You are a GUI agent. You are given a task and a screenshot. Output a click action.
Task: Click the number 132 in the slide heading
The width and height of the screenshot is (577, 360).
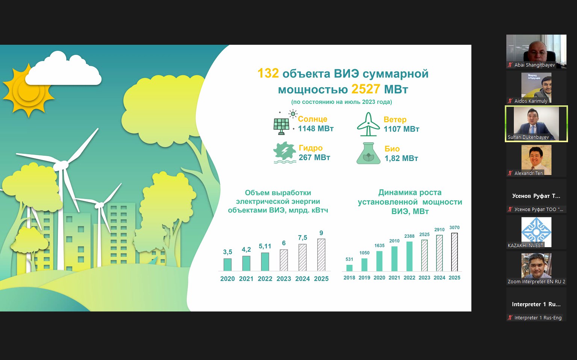coord(268,73)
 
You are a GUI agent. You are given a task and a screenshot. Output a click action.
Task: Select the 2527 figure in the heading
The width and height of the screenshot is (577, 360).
coord(365,89)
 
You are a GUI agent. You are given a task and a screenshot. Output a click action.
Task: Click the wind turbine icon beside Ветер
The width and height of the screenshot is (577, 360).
coord(368,124)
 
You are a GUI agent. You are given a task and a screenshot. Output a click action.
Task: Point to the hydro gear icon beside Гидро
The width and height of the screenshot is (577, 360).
coord(285,152)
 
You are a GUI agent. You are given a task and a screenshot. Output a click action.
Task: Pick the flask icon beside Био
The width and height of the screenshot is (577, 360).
coord(368,153)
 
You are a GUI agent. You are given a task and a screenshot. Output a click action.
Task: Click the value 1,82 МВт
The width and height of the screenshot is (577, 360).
coord(401,158)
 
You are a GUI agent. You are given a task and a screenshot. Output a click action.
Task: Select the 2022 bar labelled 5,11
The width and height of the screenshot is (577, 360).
coord(265,261)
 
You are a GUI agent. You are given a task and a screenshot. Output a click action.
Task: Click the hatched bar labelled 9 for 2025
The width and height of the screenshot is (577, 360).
coord(321,255)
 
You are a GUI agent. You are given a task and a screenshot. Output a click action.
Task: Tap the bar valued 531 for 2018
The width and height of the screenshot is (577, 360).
coord(349,268)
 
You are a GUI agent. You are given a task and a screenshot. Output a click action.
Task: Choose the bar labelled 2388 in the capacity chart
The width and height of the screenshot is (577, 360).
coord(409,256)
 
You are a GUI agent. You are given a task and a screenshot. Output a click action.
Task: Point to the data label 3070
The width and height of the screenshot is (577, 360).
coord(454,228)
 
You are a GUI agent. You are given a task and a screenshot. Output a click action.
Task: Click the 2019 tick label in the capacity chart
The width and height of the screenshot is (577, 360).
coord(364,278)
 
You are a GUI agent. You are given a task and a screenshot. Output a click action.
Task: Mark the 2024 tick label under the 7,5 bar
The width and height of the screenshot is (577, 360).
coord(303,279)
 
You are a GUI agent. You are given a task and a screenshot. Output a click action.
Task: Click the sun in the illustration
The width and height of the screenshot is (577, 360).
coord(28,91)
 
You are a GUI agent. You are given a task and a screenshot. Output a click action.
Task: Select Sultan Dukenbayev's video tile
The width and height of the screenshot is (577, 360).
coord(536,124)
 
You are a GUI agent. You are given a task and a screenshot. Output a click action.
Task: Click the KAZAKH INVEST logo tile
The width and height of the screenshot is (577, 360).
coord(536,232)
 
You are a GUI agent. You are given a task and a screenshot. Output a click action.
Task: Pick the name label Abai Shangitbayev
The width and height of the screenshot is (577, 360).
coord(535,65)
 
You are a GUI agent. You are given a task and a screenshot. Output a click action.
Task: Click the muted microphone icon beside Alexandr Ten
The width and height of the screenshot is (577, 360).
coord(510,173)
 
